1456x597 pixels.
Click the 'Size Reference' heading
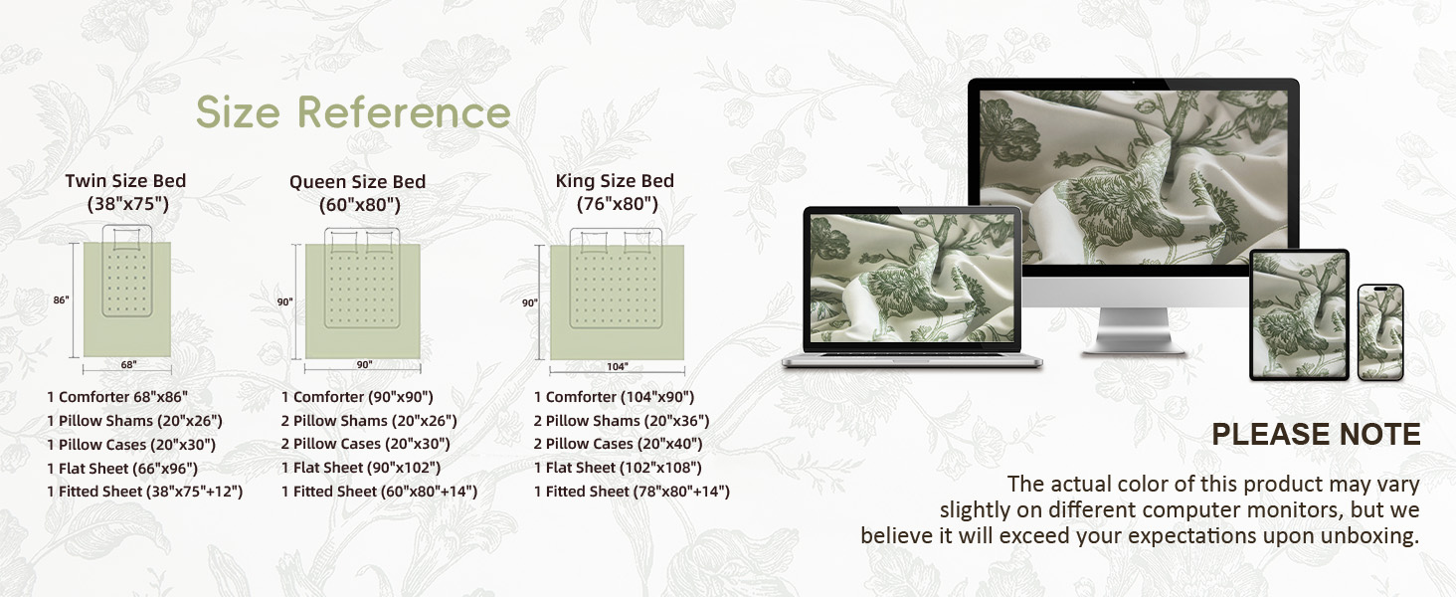[x=353, y=111]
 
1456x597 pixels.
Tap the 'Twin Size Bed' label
[x=125, y=181]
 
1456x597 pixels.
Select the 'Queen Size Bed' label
[x=357, y=181]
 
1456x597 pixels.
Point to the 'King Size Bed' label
[x=615, y=181]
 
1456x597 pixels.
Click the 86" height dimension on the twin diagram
[x=61, y=300]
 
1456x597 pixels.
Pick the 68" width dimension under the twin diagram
[x=128, y=365]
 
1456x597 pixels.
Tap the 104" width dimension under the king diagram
[x=617, y=367]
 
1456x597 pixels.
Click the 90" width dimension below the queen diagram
[x=364, y=365]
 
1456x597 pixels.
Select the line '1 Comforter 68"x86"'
[x=117, y=397]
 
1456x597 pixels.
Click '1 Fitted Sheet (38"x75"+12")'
[x=145, y=492]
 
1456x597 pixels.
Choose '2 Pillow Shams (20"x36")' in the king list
[x=622, y=421]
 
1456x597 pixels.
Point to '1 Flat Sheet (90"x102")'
[x=361, y=468]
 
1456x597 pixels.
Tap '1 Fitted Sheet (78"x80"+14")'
[x=632, y=492]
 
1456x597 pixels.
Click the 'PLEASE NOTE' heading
[x=1316, y=435]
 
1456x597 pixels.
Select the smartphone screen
[x=1380, y=333]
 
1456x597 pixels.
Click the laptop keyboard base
[x=912, y=360]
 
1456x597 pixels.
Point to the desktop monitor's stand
[x=1133, y=330]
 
